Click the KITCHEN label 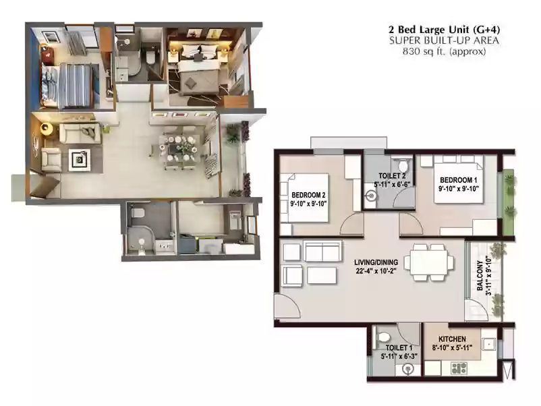point(452,339)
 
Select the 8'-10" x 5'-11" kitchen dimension point(452,348)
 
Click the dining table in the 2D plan point(429,262)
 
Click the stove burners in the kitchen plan point(460,368)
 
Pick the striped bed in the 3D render point(74,84)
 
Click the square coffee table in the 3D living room point(80,160)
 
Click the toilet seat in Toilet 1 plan point(383,337)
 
